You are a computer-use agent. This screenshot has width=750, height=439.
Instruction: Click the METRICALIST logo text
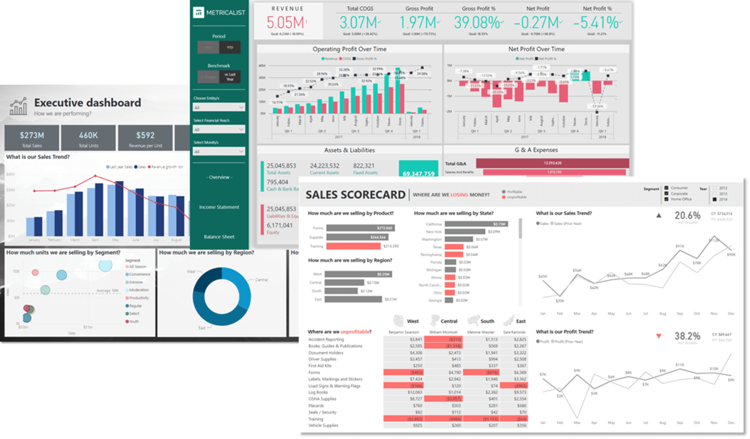coord(225,13)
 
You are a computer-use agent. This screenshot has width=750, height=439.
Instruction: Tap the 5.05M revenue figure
coord(286,22)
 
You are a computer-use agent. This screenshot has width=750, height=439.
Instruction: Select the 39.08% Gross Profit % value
coord(477,22)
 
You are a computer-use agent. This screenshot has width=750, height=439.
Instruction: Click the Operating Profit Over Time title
coord(349,49)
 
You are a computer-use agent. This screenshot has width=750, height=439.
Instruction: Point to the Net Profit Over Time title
coord(536,49)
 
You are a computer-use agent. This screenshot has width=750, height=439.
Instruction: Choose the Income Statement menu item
coord(219,207)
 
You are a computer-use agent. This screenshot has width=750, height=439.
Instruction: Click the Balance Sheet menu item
coord(219,237)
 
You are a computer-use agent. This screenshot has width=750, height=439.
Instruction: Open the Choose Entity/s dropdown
coord(219,108)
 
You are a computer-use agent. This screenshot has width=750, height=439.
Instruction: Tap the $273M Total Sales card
coord(32,137)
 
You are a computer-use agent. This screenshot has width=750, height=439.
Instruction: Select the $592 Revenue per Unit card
coord(145,137)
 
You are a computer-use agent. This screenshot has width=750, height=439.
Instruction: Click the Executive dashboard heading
coord(87,103)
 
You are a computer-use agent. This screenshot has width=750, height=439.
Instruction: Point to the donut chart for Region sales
coord(222,296)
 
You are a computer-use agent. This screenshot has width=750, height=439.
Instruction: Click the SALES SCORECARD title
coord(355,195)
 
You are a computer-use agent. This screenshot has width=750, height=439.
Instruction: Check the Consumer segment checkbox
coord(667,188)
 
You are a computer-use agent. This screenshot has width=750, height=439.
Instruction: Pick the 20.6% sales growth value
coord(687,216)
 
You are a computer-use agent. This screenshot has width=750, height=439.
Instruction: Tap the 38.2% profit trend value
coord(687,336)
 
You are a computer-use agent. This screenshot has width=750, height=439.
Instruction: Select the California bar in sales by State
coord(476,224)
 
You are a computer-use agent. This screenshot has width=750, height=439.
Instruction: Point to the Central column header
coord(449,321)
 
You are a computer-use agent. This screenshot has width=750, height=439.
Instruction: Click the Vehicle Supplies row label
coord(323,425)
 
